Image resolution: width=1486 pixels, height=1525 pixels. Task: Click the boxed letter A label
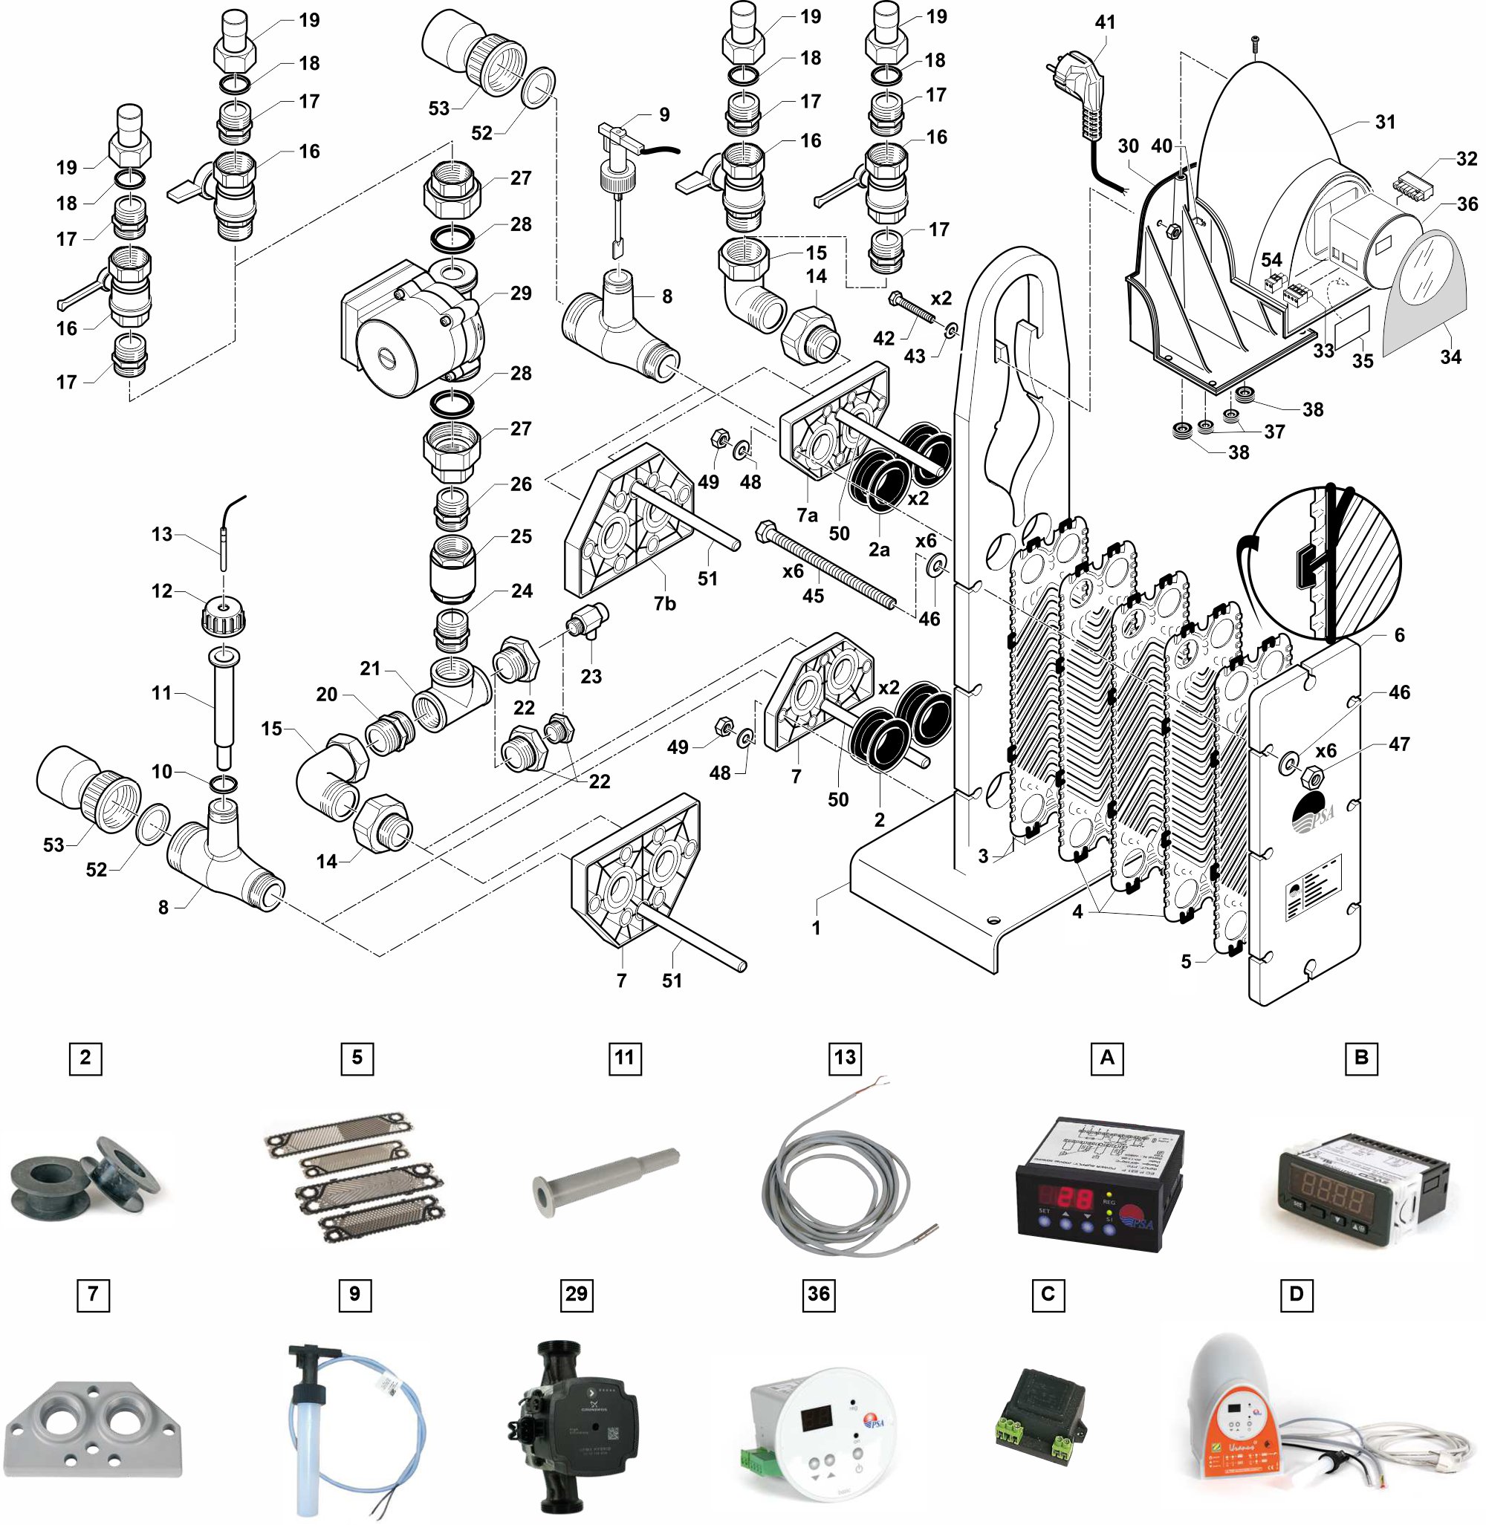[x=1106, y=1059]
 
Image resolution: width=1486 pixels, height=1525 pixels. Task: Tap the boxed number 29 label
[x=576, y=1294]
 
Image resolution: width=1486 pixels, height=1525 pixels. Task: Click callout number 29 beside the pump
[x=521, y=293]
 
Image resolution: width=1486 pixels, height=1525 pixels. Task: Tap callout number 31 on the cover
[x=1385, y=123]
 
